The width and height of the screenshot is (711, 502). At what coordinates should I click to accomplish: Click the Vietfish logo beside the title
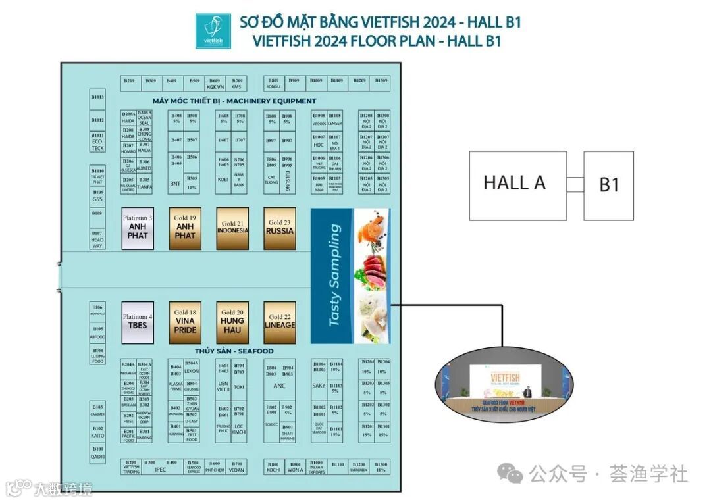pyautogui.click(x=213, y=31)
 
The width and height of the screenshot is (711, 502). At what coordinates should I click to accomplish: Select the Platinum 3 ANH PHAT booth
pyautogui.click(x=138, y=228)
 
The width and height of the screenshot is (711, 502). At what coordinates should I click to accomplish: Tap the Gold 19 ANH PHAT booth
pyautogui.click(x=185, y=228)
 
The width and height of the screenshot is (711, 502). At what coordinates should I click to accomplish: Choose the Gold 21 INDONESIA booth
pyautogui.click(x=232, y=228)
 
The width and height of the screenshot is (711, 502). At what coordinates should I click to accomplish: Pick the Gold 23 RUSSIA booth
pyautogui.click(x=279, y=228)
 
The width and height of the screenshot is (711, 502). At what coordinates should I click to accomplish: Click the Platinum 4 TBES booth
pyautogui.click(x=138, y=322)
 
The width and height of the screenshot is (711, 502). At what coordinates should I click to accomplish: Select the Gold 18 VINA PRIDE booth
pyautogui.click(x=185, y=322)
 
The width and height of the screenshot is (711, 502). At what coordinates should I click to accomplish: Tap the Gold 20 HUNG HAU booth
pyautogui.click(x=232, y=322)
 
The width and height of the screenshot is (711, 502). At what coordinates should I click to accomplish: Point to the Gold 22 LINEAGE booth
pyautogui.click(x=279, y=322)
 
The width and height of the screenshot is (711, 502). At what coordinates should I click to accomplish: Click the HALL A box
pyautogui.click(x=517, y=186)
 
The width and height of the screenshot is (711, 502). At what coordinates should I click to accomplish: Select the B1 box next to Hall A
pyautogui.click(x=608, y=186)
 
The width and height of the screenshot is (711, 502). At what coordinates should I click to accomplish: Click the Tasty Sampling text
pyautogui.click(x=334, y=276)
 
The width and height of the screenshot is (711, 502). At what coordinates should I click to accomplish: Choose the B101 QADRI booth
pyautogui.click(x=97, y=453)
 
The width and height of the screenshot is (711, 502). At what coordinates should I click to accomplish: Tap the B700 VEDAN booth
pyautogui.click(x=237, y=467)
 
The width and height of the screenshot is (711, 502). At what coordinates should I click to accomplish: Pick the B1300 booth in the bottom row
pyautogui.click(x=381, y=467)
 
